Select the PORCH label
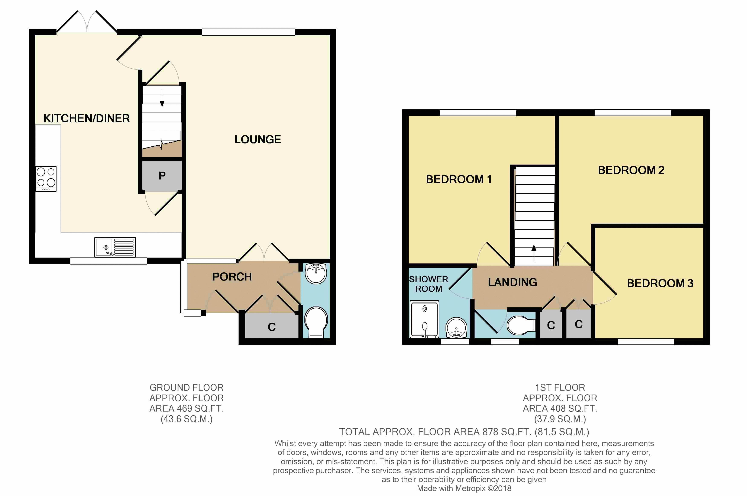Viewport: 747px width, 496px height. coord(232,277)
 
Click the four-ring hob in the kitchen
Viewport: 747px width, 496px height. coord(46,179)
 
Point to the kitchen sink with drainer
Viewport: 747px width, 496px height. coord(115,247)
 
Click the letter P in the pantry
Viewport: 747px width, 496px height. coord(162,176)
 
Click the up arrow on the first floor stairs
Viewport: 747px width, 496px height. coord(534,253)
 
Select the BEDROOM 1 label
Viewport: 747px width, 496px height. coord(459,179)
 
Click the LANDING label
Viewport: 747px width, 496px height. coord(512,282)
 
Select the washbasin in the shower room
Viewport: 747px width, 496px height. coord(456,328)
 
